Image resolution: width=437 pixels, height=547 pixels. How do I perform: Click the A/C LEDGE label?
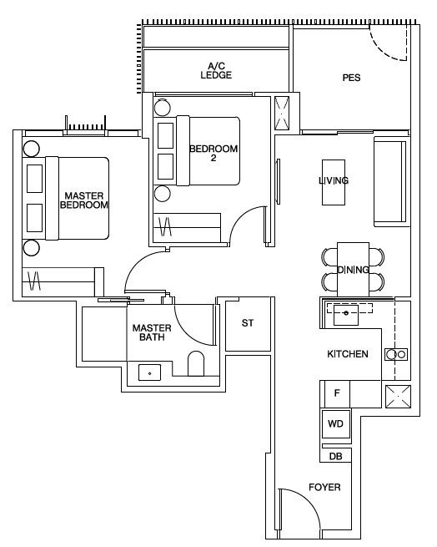216,70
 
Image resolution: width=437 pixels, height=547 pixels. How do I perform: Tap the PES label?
351,78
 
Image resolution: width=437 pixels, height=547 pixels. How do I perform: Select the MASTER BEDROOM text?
84,200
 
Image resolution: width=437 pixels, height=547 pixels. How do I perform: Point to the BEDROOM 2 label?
213,153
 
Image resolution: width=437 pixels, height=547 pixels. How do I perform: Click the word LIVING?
334,180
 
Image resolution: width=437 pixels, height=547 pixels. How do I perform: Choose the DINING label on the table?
353,270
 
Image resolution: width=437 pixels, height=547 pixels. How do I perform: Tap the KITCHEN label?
348,354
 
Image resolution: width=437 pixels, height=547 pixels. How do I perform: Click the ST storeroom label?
248,323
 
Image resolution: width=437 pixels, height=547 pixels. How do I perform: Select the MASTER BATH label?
152,332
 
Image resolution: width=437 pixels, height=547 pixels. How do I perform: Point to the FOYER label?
324,487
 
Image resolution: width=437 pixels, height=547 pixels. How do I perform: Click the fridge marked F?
335,394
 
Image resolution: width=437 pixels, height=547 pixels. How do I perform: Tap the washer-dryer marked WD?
335,424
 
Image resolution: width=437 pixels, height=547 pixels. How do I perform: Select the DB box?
335,456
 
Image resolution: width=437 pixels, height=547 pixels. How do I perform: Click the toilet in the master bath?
196,363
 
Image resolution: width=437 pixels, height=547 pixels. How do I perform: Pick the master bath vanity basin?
149,372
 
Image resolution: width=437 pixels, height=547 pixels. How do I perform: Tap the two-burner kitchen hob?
396,354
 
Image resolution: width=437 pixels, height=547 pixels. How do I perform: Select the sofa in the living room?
390,182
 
